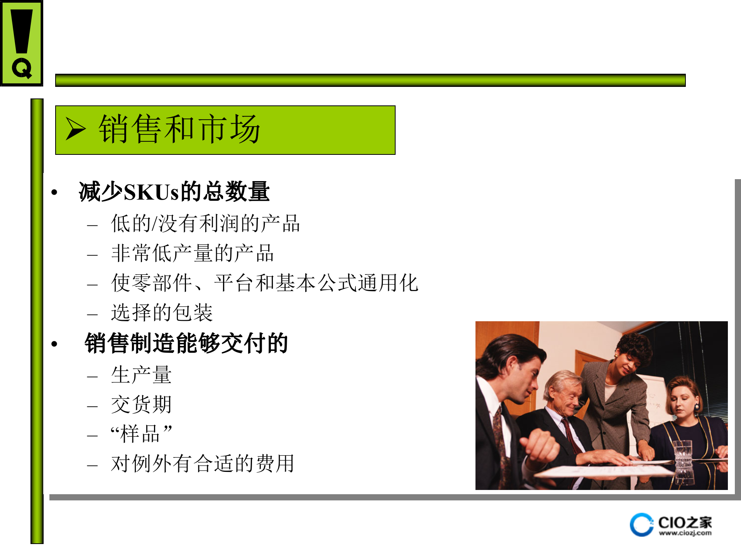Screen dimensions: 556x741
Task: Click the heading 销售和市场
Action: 179,129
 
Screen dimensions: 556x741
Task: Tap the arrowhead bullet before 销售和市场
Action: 76,129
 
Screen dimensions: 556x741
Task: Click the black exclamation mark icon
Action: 22,31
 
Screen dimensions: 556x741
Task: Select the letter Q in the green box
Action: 22,69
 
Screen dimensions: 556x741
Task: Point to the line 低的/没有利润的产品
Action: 205,224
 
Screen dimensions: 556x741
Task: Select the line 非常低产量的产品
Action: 192,253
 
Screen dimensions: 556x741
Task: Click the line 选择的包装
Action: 162,312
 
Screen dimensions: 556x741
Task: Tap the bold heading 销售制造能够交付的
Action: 186,343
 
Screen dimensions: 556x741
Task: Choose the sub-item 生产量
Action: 141,375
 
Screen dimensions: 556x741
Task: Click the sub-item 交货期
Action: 141,404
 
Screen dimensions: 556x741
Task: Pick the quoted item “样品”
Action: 141,434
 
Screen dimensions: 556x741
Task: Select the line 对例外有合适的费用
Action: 203,463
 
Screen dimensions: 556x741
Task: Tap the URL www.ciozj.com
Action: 685,533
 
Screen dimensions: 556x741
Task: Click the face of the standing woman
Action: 627,365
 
